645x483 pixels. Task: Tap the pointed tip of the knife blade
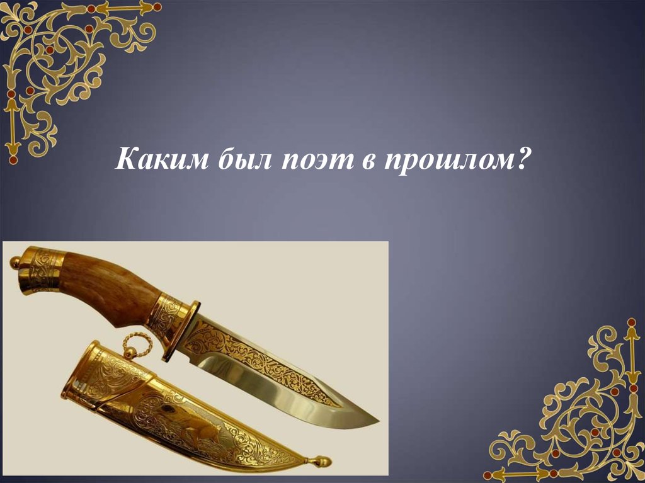click(377, 419)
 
